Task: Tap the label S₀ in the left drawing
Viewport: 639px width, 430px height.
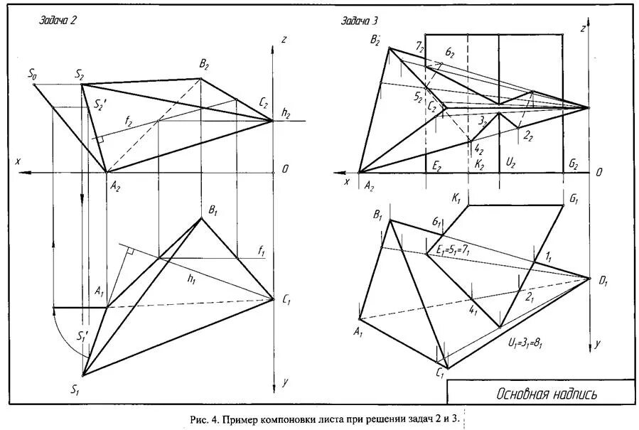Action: (x=32, y=73)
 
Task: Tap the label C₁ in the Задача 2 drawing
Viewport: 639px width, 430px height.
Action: (x=286, y=300)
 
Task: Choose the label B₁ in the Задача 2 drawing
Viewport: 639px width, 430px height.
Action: (x=211, y=210)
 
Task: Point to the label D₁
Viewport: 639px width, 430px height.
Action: (x=603, y=282)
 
